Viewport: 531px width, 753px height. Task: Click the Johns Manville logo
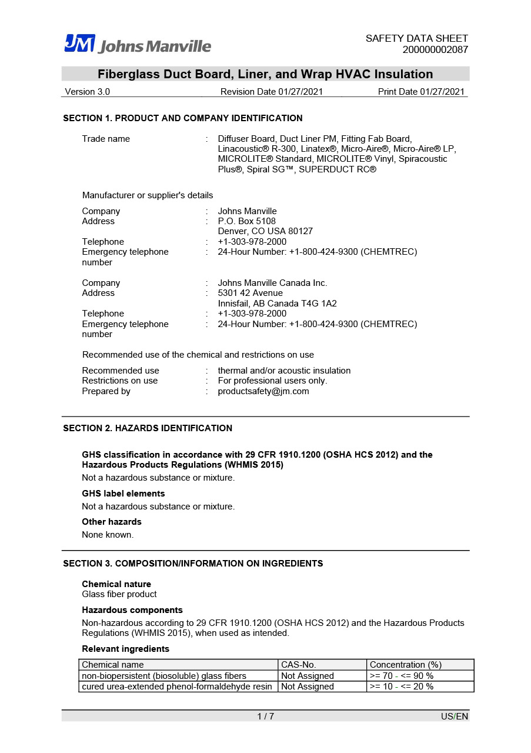[138, 44]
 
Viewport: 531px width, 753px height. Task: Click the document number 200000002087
[435, 49]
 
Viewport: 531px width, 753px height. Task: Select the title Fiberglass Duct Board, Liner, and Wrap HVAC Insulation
[265, 74]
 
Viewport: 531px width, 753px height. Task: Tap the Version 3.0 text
[87, 92]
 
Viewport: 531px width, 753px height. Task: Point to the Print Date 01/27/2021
[421, 92]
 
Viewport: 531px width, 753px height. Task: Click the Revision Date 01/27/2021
[271, 92]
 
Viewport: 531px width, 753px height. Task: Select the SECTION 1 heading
[183, 118]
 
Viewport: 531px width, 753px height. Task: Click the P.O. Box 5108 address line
[246, 221]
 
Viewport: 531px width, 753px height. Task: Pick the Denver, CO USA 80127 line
[265, 231]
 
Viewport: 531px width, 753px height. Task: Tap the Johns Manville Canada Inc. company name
[272, 283]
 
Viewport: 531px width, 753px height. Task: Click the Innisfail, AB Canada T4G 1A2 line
[277, 304]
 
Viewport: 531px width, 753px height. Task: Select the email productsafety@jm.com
[263, 391]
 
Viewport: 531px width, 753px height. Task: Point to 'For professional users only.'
[272, 381]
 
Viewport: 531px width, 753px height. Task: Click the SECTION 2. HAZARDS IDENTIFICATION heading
[148, 428]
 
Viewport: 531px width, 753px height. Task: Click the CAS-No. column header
[299, 665]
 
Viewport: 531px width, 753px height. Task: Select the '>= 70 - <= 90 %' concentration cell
[402, 676]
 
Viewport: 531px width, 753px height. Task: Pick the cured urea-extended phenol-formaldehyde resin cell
[177, 687]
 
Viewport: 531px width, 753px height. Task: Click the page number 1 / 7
[265, 716]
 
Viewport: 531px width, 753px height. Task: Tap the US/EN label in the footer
[455, 717]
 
